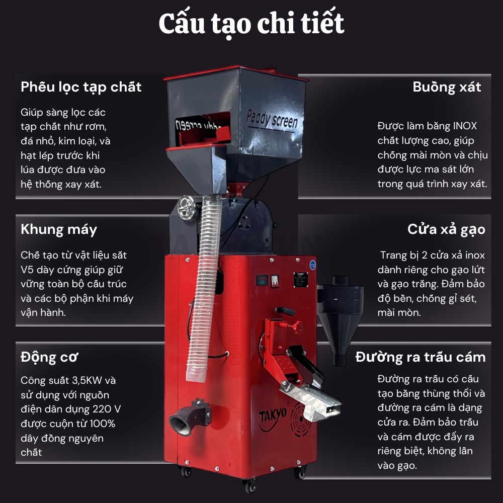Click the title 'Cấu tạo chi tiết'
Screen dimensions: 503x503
pos(251,24)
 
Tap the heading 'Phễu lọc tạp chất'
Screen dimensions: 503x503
pos(81,87)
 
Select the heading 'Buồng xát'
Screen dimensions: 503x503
pos(447,87)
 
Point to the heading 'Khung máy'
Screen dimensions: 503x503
pos(59,230)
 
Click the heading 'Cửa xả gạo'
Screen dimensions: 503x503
pos(446,230)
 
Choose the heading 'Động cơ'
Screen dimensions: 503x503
pos(49,357)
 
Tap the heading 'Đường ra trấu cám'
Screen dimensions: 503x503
pos(420,357)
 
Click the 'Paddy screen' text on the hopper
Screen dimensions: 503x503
pos(272,120)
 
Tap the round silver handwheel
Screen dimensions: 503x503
pos(187,208)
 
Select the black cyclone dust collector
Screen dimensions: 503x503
pos(340,317)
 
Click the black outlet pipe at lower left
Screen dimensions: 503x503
pos(189,418)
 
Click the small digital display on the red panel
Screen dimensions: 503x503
pos(262,280)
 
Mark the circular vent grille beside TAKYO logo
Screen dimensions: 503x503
pos(301,419)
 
